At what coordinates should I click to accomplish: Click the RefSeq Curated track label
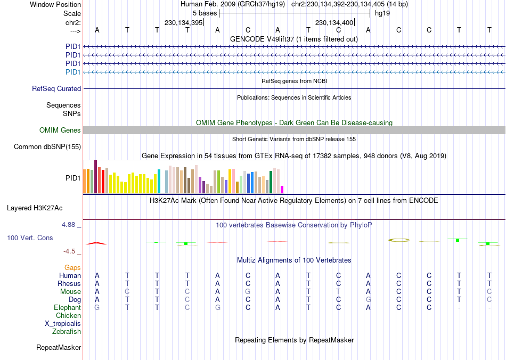[56, 89]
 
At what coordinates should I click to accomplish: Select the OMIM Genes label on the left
[60, 130]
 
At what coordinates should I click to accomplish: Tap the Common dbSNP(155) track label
[47, 146]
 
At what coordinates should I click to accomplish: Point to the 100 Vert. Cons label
[30, 238]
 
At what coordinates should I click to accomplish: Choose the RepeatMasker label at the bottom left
[59, 348]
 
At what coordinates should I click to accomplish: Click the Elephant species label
[67, 308]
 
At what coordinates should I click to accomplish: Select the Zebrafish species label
[67, 332]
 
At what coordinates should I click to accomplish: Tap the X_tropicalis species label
[63, 324]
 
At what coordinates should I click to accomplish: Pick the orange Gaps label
[72, 267]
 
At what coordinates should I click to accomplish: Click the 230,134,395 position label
[183, 23]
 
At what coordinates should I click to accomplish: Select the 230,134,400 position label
[334, 23]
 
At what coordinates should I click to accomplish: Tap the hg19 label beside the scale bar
[382, 13]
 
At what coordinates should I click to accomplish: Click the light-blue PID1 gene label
[73, 72]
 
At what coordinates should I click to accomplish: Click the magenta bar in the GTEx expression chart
[282, 189]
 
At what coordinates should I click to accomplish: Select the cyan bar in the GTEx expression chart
[159, 181]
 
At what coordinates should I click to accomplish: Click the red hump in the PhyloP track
[96, 243]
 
